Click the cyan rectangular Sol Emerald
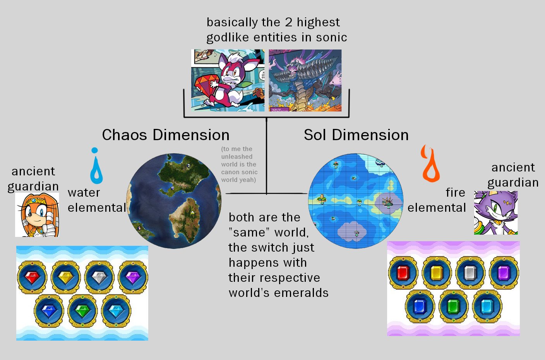[x=487, y=306]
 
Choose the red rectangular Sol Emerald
[x=403, y=273]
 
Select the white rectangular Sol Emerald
[x=470, y=273]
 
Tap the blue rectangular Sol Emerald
[x=420, y=306]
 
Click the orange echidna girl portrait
[x=37, y=215]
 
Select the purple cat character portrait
[x=496, y=213]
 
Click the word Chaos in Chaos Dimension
[x=125, y=135]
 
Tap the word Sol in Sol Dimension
[x=315, y=135]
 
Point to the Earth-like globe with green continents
[x=174, y=201]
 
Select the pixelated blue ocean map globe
[x=356, y=201]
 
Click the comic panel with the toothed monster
[x=305, y=81]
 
